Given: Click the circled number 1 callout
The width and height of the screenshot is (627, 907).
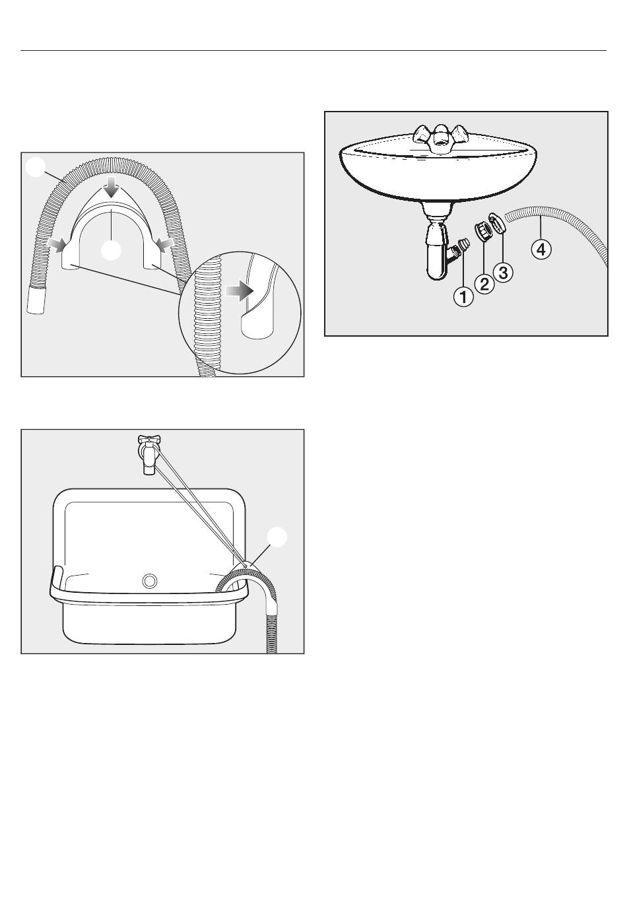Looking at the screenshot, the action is coord(463,298).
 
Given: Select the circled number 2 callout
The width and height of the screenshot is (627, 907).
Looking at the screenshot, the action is coord(484,283).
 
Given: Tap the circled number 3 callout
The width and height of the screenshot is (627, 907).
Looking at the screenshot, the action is coord(503,272).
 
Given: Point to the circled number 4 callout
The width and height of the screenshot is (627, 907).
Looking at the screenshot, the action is coord(541,250).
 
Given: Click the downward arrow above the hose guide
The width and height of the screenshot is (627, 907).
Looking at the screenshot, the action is coord(112,187).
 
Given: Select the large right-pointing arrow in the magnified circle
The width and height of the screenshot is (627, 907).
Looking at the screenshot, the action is coord(239,290).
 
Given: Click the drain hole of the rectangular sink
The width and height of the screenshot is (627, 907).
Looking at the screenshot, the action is coord(150,581).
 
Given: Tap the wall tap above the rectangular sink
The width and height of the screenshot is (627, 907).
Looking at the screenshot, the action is coord(147,454).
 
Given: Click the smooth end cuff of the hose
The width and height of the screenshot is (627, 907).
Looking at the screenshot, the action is coord(37,299).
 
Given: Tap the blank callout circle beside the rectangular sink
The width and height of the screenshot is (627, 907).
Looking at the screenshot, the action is coord(277,537).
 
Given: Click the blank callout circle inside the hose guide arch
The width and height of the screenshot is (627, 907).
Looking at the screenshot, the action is coord(110,250).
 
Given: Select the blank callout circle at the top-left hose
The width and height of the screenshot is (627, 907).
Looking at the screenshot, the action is coord(35,167).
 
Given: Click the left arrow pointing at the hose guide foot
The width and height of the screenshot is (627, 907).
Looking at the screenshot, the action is coord(56,244).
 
